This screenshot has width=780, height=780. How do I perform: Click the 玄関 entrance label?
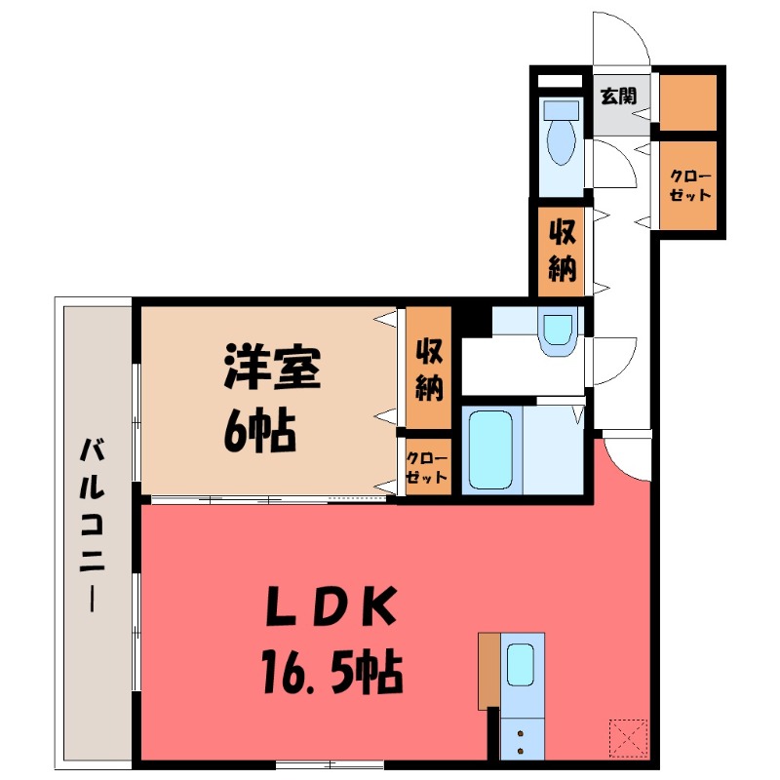click(618, 97)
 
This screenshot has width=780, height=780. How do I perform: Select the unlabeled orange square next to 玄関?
click(687, 101)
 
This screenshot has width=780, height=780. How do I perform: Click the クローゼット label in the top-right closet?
click(689, 185)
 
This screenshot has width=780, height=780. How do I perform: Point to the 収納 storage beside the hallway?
click(560, 251)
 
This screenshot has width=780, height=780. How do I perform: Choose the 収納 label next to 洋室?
click(429, 369)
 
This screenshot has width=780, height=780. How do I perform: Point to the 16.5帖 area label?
click(331, 671)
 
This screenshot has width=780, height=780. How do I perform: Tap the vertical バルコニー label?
click(94, 526)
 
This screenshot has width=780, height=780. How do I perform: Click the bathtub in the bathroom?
click(490, 449)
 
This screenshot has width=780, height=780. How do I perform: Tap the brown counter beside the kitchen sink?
click(488, 671)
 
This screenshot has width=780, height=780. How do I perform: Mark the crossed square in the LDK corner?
click(629, 736)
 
